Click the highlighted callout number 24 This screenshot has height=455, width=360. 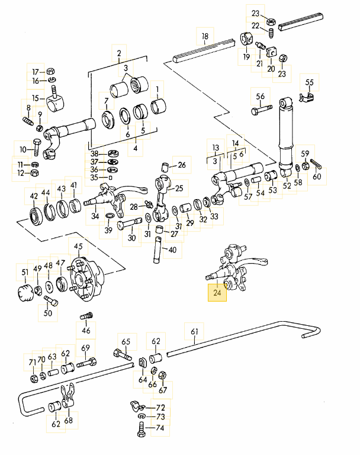(x=217, y=293)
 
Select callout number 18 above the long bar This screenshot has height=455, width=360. (x=205, y=37)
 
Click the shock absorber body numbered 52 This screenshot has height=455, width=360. (x=287, y=136)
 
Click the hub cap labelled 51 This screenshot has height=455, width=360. (x=25, y=293)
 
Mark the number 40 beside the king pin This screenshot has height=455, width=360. (x=172, y=250)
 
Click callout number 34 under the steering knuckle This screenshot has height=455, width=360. (x=95, y=216)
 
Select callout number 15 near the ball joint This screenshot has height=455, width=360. (x=35, y=98)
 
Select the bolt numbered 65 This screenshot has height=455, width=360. (x=122, y=356)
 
